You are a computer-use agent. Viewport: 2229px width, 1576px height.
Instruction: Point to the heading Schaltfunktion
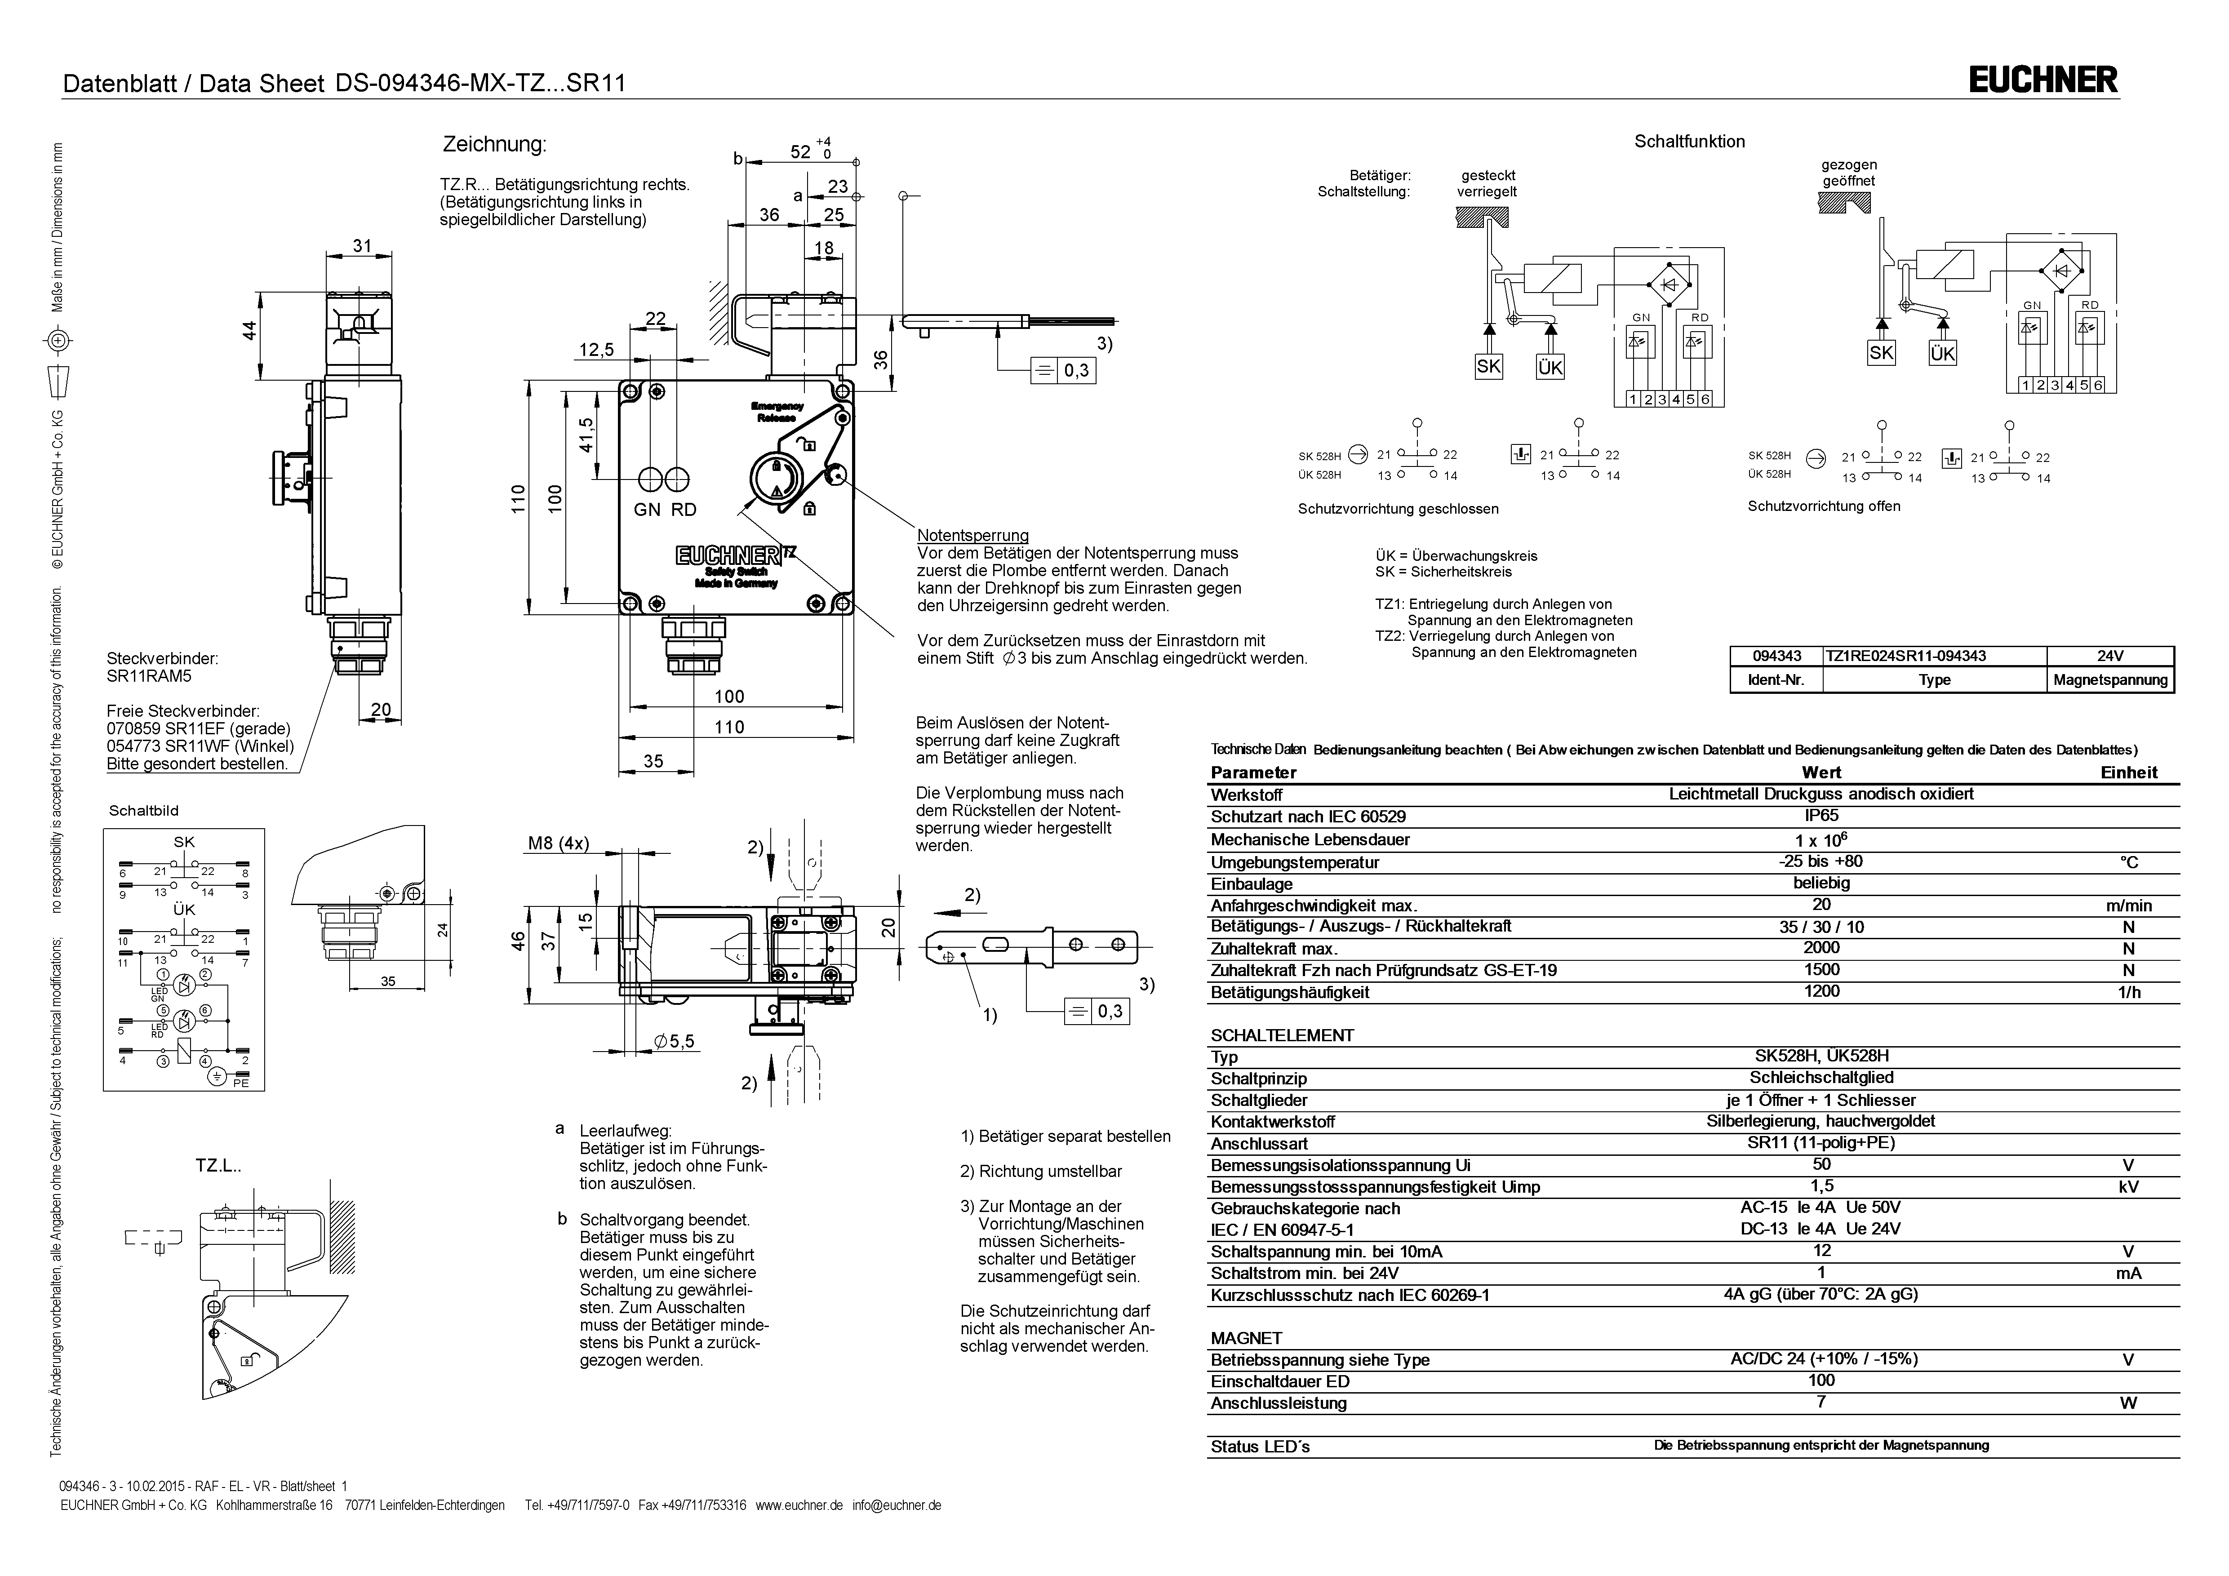pyautogui.click(x=1689, y=142)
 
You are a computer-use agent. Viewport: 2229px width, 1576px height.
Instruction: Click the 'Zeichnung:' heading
pyautogui.click(x=494, y=145)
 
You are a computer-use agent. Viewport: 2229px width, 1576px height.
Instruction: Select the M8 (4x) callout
pyautogui.click(x=558, y=844)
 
